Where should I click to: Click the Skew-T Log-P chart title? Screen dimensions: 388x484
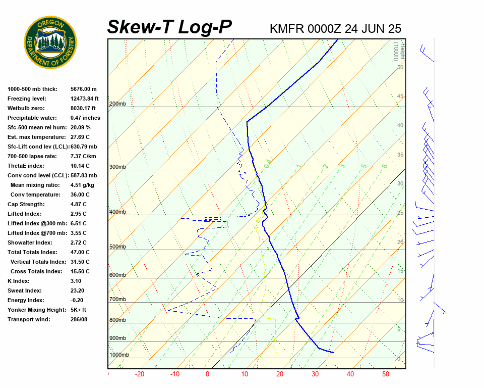[x=169, y=27]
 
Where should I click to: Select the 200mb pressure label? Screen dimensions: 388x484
[x=117, y=104]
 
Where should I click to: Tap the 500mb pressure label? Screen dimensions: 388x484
[x=117, y=247]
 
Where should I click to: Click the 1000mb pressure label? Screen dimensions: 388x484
[x=119, y=355]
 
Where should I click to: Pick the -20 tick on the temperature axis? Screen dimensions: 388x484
[x=140, y=374]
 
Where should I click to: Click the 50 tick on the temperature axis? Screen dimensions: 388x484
[x=386, y=374]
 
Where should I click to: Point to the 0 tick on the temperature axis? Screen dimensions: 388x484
[x=207, y=374]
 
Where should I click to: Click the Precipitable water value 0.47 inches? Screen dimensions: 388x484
[x=85, y=118]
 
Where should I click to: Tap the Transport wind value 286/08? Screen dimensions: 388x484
[x=79, y=319]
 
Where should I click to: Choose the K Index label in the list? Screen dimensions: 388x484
[x=18, y=281]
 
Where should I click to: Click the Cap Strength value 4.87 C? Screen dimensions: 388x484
[x=79, y=204]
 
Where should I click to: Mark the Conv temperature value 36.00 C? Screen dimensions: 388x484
[x=80, y=195]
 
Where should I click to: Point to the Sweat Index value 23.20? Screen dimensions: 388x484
[x=78, y=290]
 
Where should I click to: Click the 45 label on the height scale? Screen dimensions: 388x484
[x=400, y=96]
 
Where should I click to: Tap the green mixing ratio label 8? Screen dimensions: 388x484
[x=384, y=166]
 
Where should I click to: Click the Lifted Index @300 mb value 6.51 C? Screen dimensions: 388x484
[x=79, y=223]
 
